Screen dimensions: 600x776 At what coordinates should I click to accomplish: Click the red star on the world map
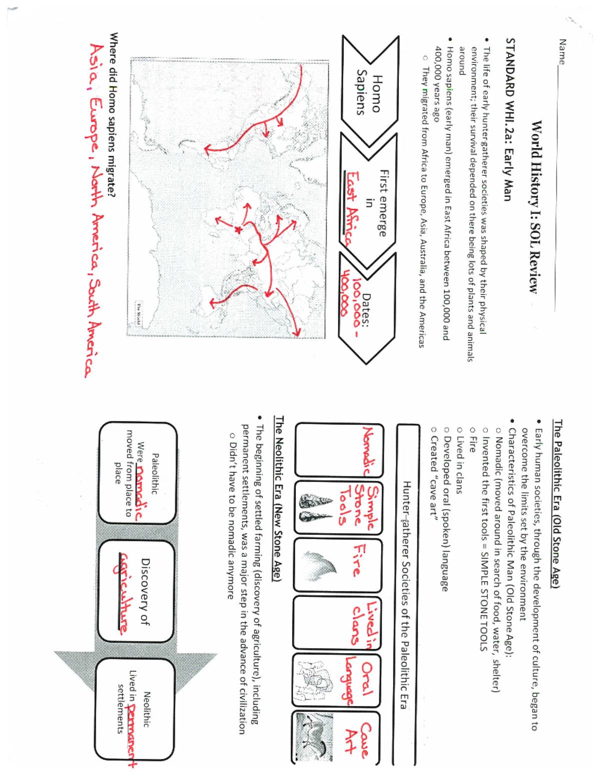tap(238, 230)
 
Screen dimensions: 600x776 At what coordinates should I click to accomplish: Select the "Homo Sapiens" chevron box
tap(370, 93)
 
